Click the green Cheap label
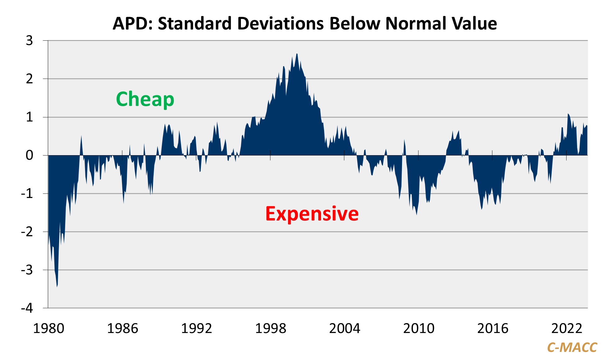click(145, 99)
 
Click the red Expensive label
click(312, 214)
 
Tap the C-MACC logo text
click(572, 348)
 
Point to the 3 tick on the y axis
click(29, 41)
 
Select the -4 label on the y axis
click(27, 308)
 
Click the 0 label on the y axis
click(29, 155)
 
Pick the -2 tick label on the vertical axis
click(27, 232)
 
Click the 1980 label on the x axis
click(48, 328)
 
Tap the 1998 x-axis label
click(270, 328)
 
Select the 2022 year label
click(567, 328)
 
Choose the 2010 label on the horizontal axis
click(418, 328)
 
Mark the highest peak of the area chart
click(297, 54)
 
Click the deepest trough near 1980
click(57, 286)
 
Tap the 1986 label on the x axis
click(122, 328)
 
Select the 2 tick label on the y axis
click(29, 79)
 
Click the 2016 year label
click(493, 328)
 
